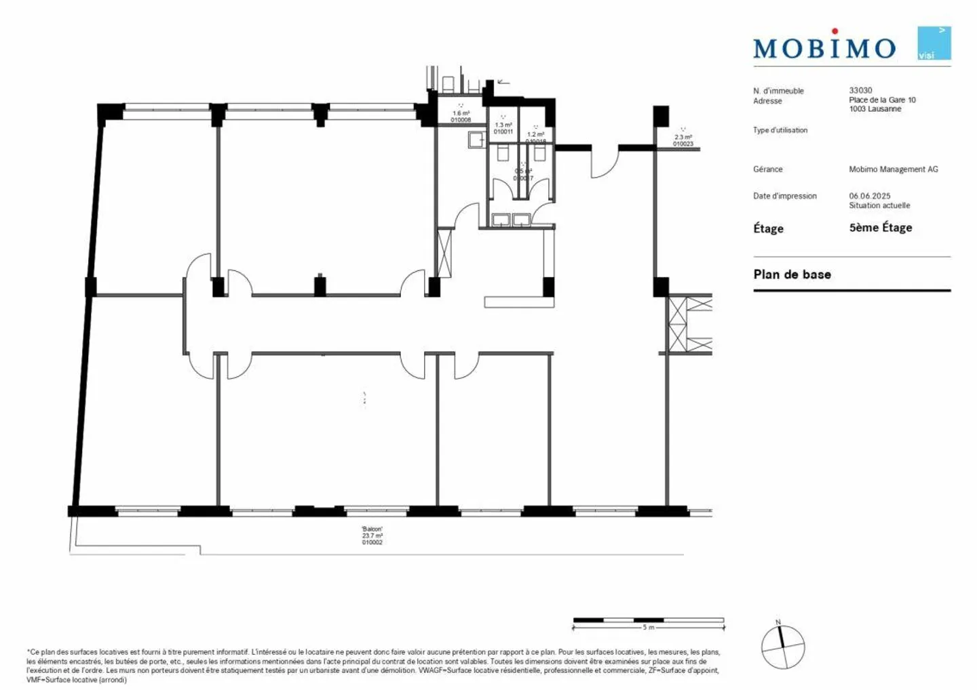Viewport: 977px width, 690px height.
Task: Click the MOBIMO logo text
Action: [x=824, y=47]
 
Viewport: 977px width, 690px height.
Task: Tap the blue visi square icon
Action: [x=934, y=43]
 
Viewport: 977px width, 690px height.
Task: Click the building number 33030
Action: [x=860, y=90]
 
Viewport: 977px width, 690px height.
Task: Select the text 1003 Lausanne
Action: [x=875, y=109]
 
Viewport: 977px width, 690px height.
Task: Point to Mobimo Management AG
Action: [x=893, y=169]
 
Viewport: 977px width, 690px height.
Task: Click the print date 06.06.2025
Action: [x=869, y=196]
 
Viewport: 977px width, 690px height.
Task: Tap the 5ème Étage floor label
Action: [x=880, y=228]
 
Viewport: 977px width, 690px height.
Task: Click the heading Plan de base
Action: [x=792, y=275]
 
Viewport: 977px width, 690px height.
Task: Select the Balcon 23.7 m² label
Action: [x=372, y=535]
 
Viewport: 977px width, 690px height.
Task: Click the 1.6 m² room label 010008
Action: [x=461, y=117]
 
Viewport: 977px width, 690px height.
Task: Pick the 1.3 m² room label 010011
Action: [x=503, y=128]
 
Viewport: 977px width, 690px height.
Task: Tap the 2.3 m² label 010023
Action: [x=683, y=140]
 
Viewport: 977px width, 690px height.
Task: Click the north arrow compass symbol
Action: [x=782, y=647]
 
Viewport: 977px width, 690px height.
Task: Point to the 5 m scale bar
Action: [x=648, y=620]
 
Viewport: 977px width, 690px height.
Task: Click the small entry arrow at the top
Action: [x=503, y=82]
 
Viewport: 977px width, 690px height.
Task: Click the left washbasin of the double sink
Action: [x=501, y=220]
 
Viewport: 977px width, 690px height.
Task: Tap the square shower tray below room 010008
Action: [x=475, y=140]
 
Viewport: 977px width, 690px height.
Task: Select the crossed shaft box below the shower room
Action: [x=444, y=253]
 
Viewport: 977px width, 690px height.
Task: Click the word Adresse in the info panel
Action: [x=767, y=101]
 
